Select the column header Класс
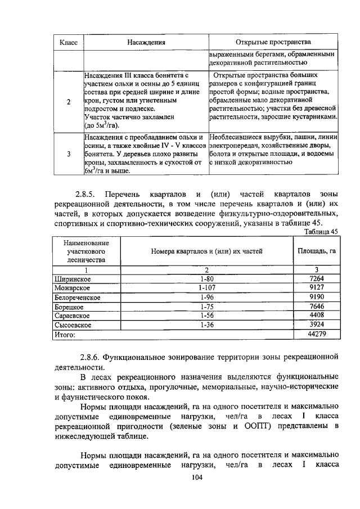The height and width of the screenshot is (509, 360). (69, 42)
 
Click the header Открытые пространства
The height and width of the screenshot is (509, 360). (273, 42)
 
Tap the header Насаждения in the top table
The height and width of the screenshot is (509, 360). (145, 42)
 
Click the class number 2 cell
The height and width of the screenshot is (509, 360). (69, 102)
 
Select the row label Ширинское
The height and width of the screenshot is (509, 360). (73, 279)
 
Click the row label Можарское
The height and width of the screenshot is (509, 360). (73, 288)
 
